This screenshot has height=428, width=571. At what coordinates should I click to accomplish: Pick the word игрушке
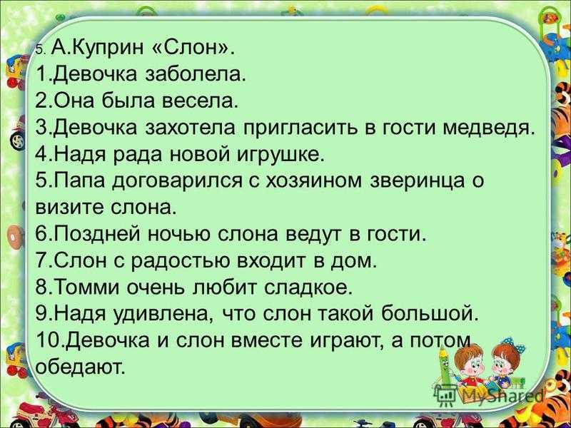tap(281, 155)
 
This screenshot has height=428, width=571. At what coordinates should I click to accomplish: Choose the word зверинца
tap(418, 182)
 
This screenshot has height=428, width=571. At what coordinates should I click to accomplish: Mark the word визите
tap(69, 208)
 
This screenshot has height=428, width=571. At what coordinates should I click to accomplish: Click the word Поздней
tap(96, 234)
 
